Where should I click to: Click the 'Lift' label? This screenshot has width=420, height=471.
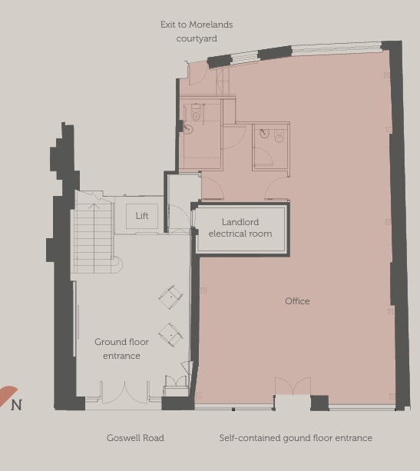click(142, 216)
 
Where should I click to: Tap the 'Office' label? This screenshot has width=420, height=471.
click(297, 301)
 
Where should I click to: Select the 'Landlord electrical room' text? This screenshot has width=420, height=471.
click(240, 228)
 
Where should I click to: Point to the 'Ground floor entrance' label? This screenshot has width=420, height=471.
click(121, 349)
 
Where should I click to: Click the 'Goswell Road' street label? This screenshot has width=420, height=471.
click(135, 438)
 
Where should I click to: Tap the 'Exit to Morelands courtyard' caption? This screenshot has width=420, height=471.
click(196, 32)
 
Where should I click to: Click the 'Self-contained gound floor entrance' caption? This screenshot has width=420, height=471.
click(296, 438)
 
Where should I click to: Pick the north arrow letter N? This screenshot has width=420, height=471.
click(16, 405)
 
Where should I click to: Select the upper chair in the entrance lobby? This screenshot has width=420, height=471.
click(170, 295)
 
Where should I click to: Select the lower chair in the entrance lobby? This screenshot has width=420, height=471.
click(170, 333)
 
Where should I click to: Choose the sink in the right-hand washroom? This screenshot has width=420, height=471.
click(265, 134)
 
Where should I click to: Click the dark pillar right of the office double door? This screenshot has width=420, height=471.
click(319, 403)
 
